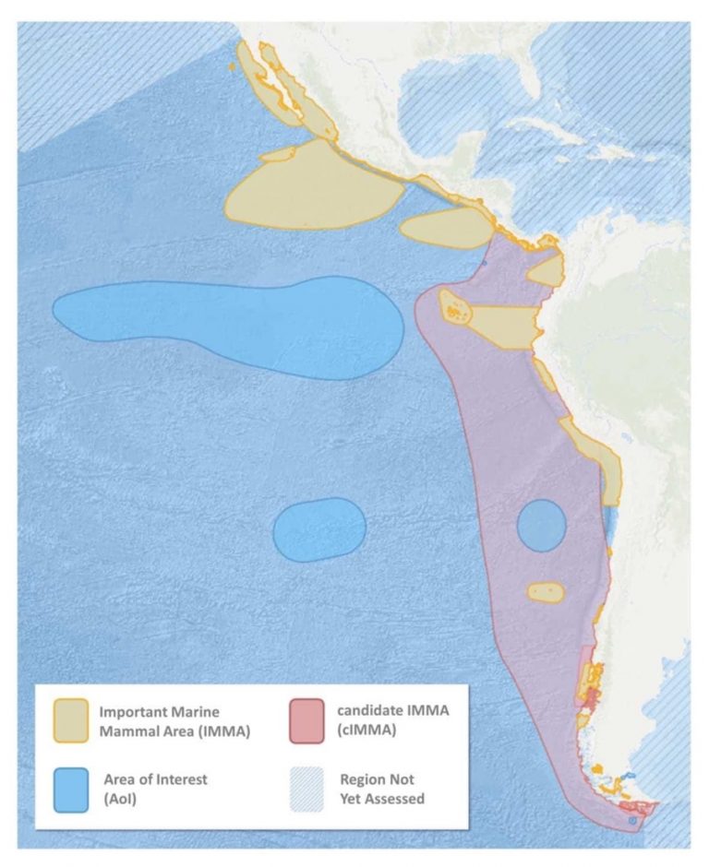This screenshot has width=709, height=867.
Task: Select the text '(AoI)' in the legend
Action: [x=122, y=798]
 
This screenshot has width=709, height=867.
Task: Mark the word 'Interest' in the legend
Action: [x=181, y=779]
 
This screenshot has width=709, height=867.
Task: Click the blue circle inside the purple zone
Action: [x=541, y=526]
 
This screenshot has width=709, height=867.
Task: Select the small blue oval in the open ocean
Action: [x=319, y=529]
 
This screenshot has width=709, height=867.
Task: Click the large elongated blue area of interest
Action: [x=231, y=325]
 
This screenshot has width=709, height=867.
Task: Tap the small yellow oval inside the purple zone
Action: [x=545, y=591]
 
